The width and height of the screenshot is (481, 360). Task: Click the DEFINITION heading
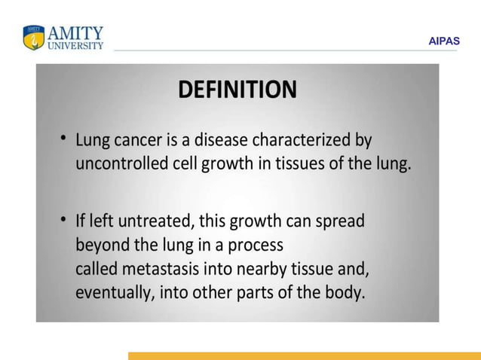[237, 90]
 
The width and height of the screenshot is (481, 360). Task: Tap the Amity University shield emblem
[34, 37]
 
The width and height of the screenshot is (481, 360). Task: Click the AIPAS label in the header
[443, 41]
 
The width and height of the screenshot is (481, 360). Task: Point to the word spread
[340, 223]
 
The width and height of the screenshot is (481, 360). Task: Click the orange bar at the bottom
[304, 355]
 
